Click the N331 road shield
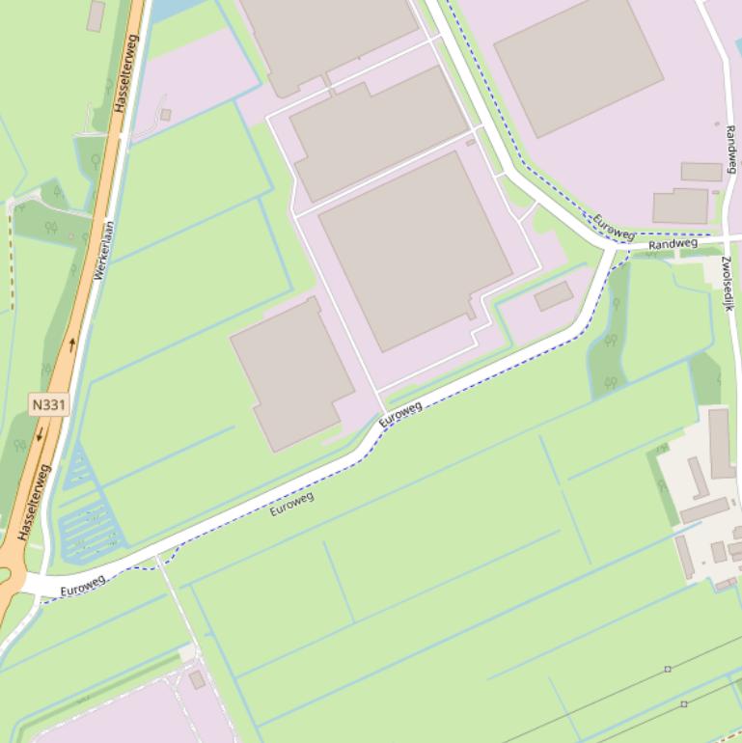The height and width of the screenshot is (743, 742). [48, 404]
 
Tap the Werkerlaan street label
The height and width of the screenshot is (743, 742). [104, 251]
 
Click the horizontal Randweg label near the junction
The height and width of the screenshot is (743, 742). [673, 244]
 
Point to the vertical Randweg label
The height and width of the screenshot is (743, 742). [730, 149]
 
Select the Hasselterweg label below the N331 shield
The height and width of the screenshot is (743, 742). [33, 501]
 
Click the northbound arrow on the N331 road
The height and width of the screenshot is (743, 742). [71, 344]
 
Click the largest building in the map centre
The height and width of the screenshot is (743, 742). [415, 250]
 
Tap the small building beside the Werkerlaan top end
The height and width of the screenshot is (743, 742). [166, 115]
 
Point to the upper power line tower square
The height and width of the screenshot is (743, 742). [668, 669]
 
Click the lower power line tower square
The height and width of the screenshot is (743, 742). [684, 704]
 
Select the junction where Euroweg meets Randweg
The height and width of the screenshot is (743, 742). [611, 249]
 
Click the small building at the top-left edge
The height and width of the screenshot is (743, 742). [96, 15]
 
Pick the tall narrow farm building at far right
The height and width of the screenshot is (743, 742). [721, 443]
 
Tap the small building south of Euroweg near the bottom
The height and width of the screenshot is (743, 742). [197, 679]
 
